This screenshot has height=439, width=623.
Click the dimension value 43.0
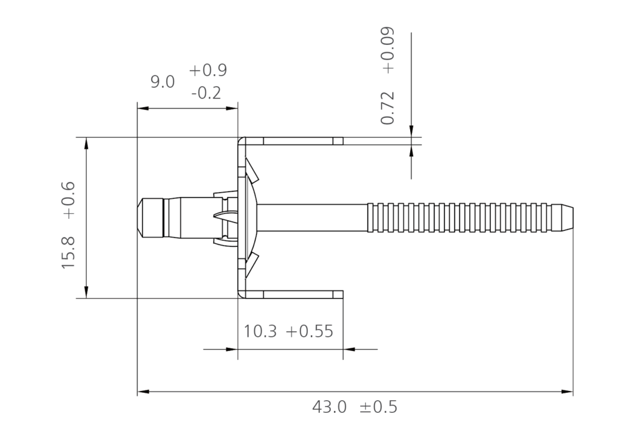coord(329,407)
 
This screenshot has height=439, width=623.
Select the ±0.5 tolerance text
coord(378,407)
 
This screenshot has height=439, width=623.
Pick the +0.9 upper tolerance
coord(207,71)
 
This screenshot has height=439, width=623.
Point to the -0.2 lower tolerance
coord(206,94)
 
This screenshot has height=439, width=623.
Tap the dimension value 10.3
coord(260,331)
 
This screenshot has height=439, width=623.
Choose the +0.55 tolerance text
coord(309,331)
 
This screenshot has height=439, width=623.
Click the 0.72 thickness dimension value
coord(388,108)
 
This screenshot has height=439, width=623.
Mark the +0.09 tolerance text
coord(388,50)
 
